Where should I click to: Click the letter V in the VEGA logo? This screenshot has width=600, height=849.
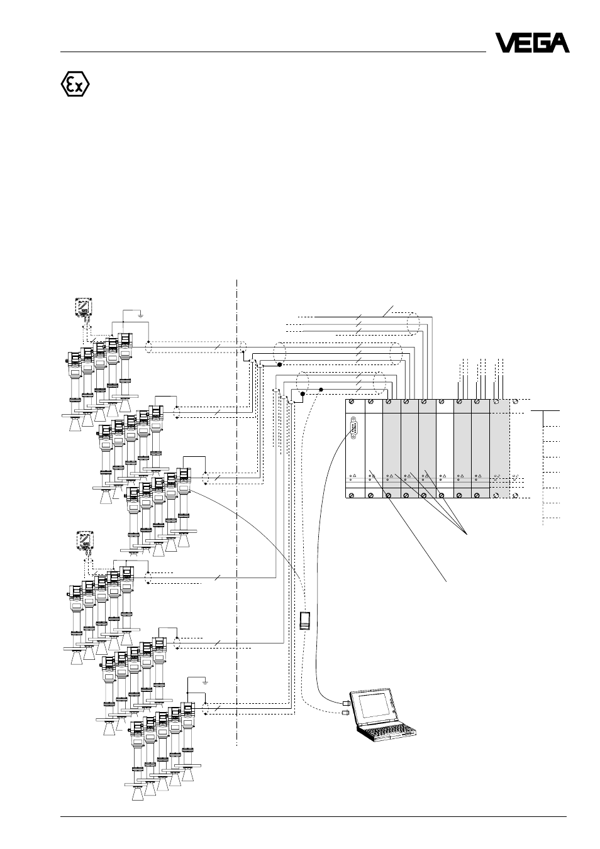tap(505, 43)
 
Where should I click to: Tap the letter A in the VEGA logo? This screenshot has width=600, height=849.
tap(558, 43)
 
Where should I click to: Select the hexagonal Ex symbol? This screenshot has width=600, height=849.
tap(75, 84)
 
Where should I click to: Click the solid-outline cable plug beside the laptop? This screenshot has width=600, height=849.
tap(346, 703)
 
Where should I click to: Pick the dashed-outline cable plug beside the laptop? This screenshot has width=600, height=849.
tap(345, 713)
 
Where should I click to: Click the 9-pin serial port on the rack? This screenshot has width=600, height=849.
tap(353, 428)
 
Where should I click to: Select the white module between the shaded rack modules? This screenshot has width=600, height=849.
tap(445, 449)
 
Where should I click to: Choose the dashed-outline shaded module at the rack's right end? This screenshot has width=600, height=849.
tap(500, 449)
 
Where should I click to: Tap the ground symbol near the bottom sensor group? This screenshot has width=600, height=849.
tap(205, 682)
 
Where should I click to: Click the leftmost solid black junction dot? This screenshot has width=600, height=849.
tap(279, 364)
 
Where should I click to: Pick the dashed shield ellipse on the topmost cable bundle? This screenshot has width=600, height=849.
tap(413, 324)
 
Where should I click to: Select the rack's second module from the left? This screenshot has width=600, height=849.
tap(374, 449)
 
